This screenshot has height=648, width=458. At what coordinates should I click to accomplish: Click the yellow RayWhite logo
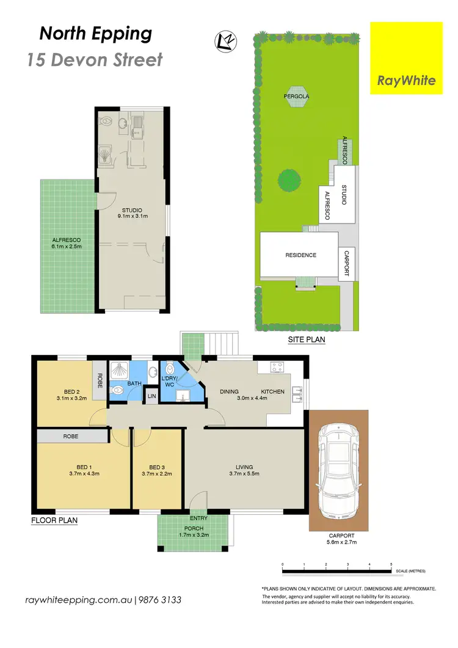(406, 58)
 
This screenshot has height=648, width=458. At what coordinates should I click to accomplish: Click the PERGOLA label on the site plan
(296, 96)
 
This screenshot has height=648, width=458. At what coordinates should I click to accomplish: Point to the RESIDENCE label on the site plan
(301, 255)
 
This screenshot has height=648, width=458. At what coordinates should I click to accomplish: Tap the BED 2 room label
(72, 392)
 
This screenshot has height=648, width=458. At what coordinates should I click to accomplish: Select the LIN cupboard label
(151, 397)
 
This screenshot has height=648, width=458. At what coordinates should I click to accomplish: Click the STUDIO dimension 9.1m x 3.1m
(134, 216)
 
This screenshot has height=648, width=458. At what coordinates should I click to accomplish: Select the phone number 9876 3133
(159, 600)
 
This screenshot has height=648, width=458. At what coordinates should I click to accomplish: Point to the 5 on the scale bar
(391, 564)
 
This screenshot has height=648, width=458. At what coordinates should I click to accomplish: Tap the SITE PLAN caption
(307, 340)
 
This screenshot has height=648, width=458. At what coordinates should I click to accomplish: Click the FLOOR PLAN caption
(54, 521)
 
